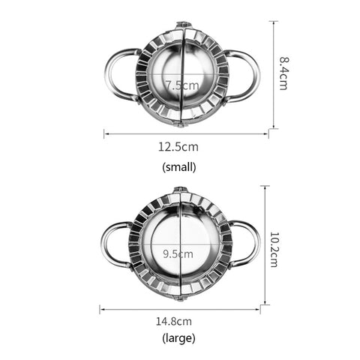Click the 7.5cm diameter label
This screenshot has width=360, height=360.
182,85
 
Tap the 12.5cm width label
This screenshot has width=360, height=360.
178,147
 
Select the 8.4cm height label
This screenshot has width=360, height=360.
283,73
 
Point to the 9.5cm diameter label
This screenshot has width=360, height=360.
178,254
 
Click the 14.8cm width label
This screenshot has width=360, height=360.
174,321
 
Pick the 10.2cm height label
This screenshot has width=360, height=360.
274,249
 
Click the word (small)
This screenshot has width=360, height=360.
179,166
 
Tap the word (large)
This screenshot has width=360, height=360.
178,338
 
